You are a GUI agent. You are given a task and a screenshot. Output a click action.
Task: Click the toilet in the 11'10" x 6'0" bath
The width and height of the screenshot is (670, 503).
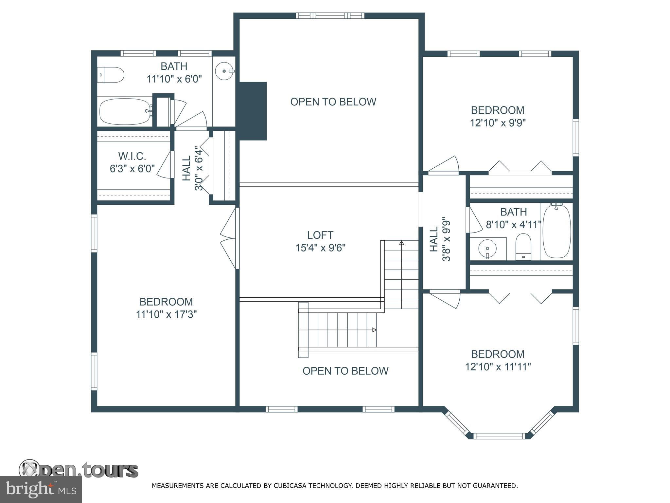111,75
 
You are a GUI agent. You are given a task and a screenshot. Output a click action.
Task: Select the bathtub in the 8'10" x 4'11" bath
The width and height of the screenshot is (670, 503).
556,232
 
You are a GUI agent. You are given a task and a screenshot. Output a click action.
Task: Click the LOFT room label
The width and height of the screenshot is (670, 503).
320,235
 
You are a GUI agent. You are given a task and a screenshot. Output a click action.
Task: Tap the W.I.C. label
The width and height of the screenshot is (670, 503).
132,156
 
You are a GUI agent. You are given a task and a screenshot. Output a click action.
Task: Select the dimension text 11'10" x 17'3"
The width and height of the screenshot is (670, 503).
166,314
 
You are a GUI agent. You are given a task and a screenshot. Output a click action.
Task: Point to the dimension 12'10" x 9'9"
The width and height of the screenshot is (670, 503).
498,123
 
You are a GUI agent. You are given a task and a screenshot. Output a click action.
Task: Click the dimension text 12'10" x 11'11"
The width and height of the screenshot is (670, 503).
498,367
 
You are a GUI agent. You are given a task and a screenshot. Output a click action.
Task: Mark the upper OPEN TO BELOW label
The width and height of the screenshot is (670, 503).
333,102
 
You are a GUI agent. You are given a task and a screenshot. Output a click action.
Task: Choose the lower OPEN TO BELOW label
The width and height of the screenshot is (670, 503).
345,371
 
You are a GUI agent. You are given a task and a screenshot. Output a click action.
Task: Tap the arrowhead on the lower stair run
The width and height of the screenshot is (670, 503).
374,330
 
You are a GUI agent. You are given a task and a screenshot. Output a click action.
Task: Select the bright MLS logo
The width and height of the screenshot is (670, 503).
41,490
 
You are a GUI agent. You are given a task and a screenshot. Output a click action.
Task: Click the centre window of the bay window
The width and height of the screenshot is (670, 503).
499,436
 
